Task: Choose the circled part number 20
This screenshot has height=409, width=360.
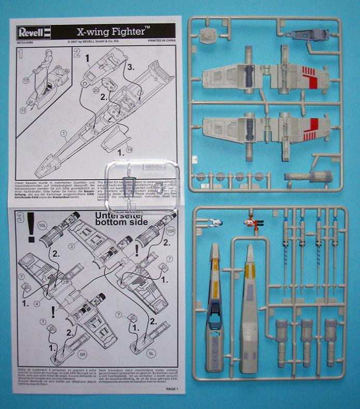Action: click(96, 90)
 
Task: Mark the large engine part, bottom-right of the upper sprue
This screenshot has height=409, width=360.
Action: click(321, 178)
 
